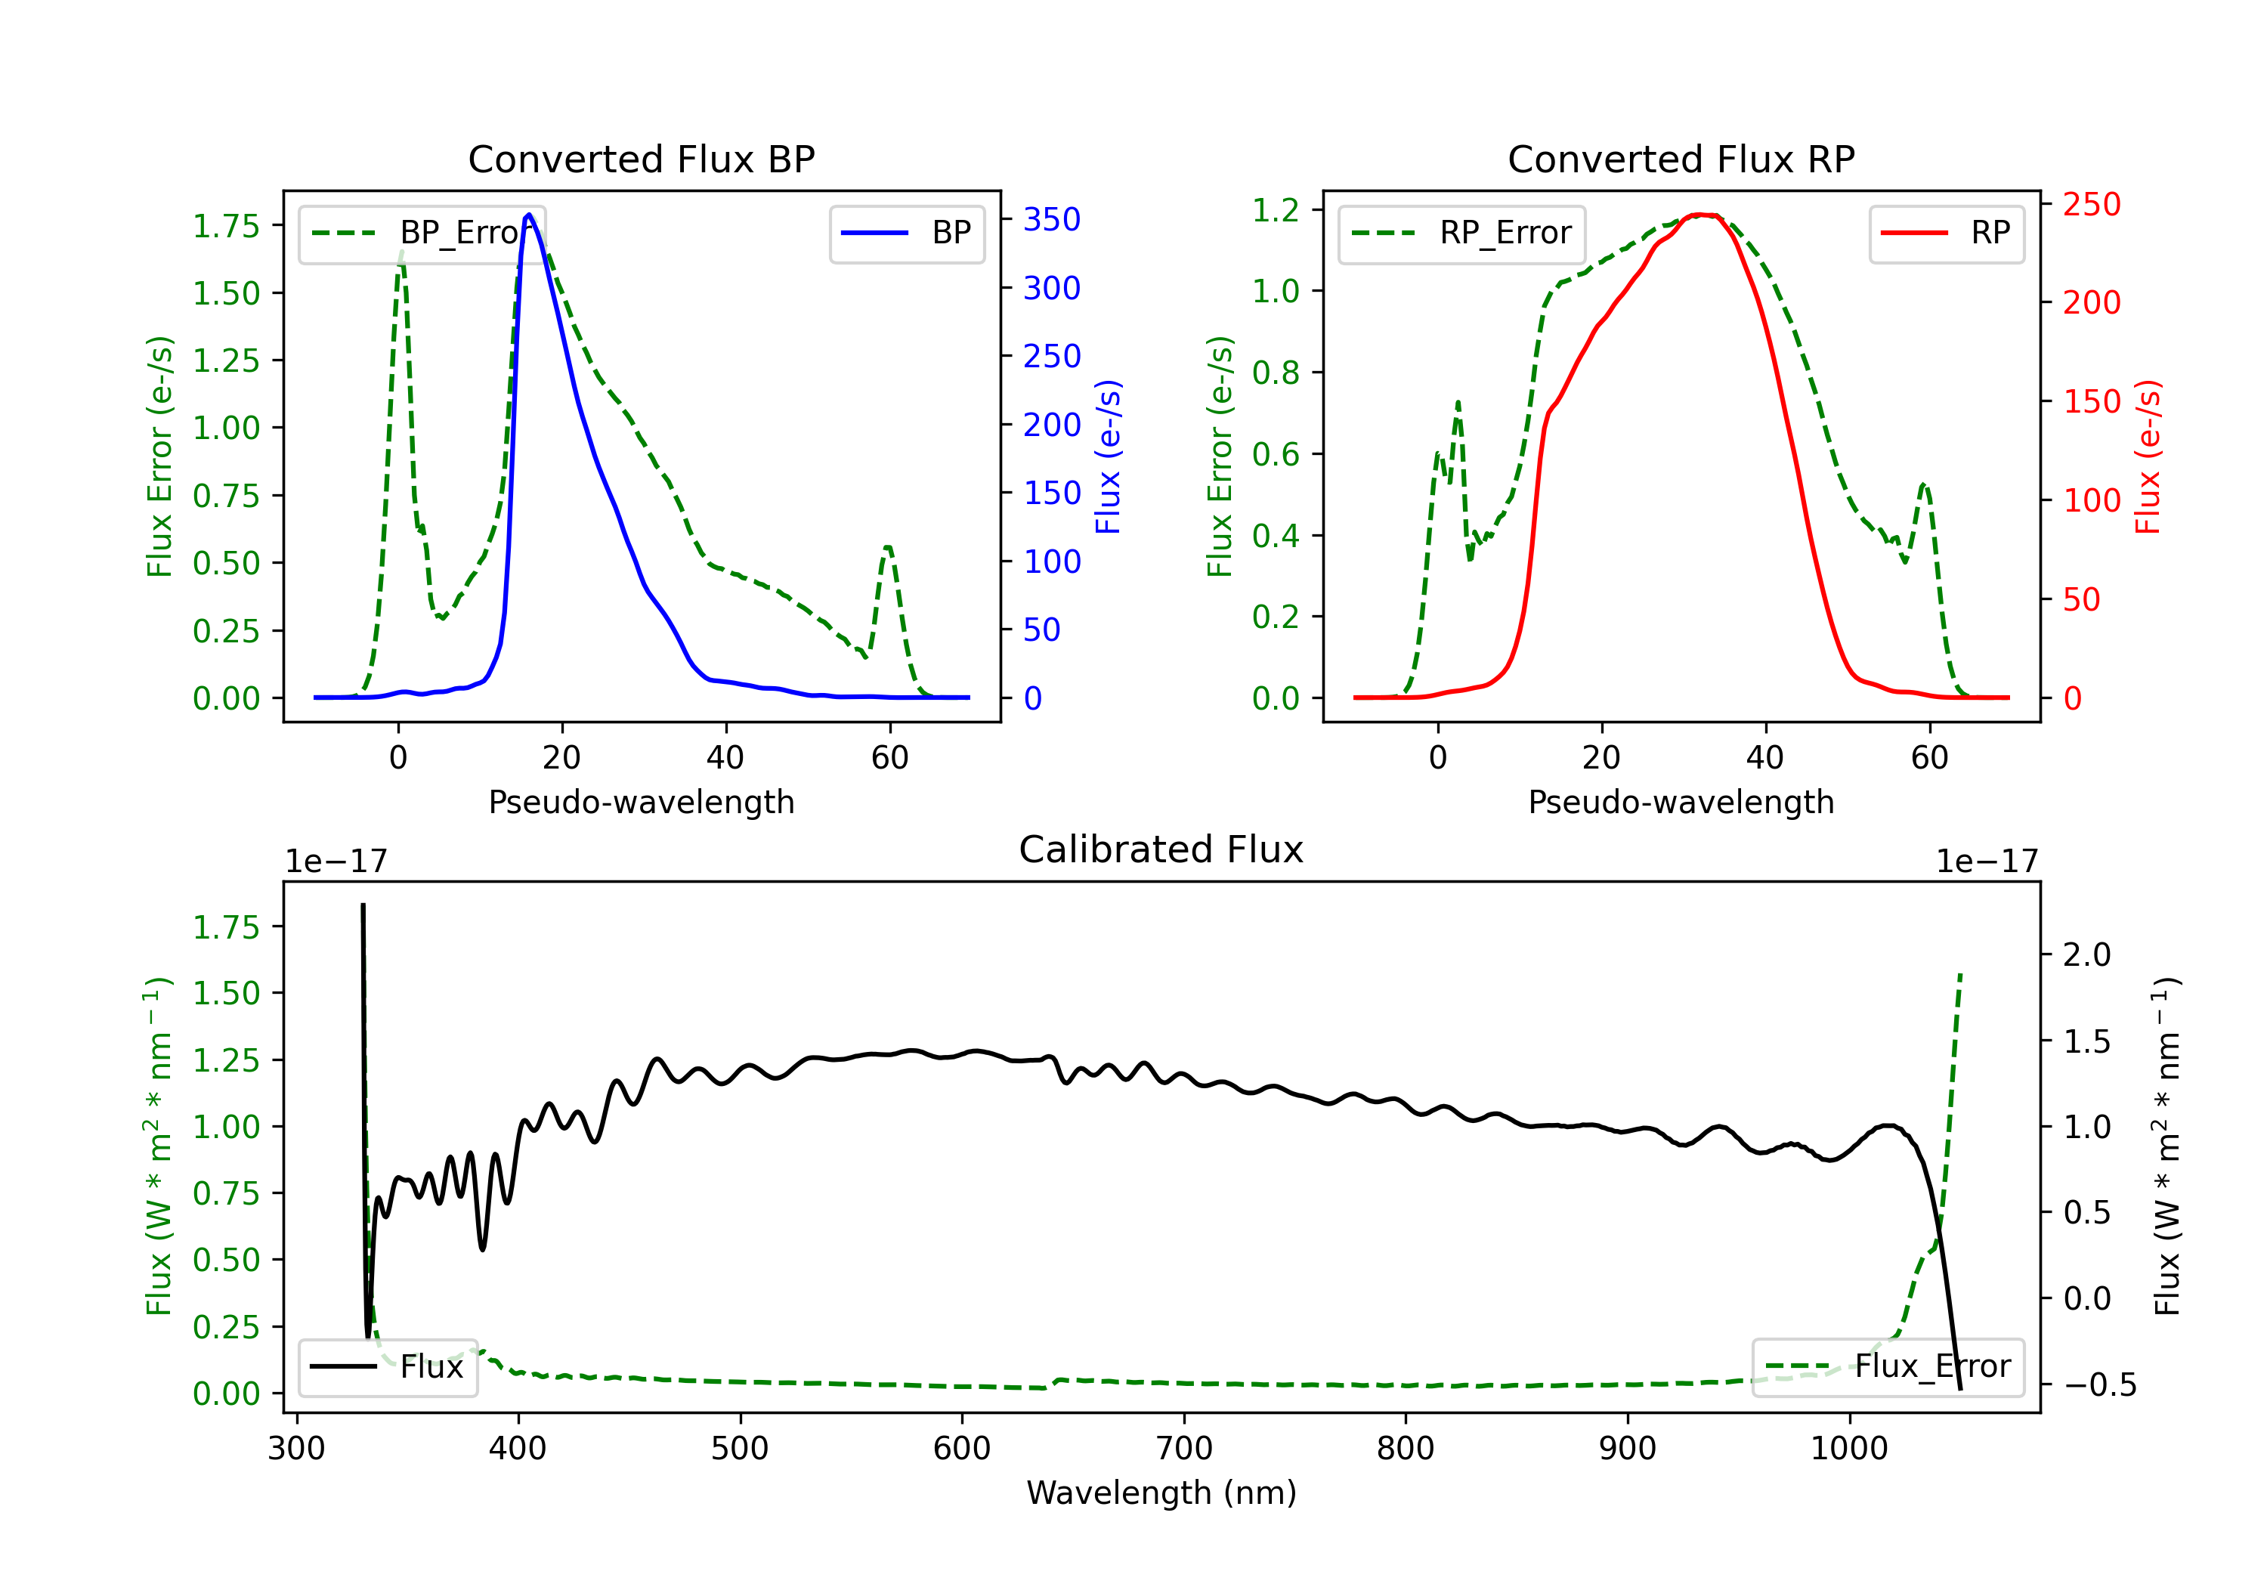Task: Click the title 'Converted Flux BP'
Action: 641,159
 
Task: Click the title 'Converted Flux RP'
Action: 1681,159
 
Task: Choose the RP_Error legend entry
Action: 1461,233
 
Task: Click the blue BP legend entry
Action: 906,233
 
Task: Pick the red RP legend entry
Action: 1946,233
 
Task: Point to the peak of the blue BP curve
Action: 528,215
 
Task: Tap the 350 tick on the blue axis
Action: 1052,219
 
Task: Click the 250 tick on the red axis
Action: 2091,205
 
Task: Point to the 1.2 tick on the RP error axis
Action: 1276,209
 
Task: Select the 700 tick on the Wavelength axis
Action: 1184,1448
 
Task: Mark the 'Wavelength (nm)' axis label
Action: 1161,1493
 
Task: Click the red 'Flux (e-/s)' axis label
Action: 2148,456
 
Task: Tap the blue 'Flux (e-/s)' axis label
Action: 1109,456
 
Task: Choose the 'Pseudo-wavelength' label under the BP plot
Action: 641,802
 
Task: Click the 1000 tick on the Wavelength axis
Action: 1849,1448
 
